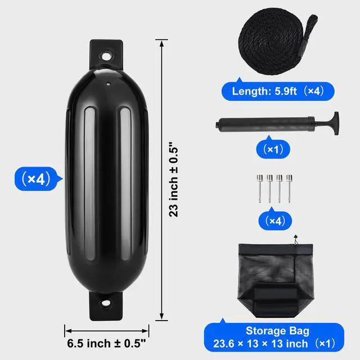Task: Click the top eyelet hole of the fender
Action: click(x=106, y=56)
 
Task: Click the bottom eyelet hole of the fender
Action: click(x=106, y=304)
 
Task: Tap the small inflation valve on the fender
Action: click(x=108, y=84)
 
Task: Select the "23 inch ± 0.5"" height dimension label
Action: click(x=174, y=180)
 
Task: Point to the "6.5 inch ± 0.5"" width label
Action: click(x=106, y=344)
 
